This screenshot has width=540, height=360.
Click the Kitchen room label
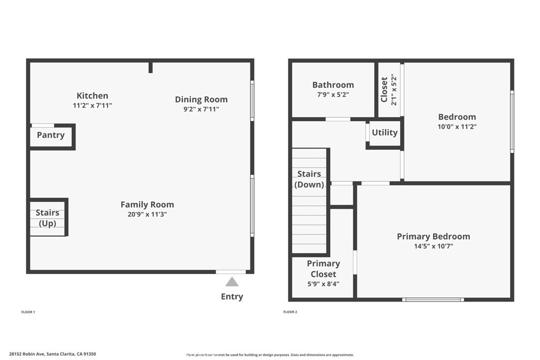click(x=92, y=95)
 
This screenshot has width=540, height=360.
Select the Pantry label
click(x=51, y=135)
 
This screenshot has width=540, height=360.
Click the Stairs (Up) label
click(x=47, y=218)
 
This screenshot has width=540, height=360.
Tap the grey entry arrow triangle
click(x=232, y=282)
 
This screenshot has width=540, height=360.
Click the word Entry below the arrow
click(x=232, y=297)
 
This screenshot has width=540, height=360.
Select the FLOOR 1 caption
click(x=28, y=312)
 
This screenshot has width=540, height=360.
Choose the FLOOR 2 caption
click(x=290, y=312)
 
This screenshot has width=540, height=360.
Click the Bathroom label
click(x=333, y=85)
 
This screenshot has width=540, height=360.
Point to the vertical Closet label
click(x=384, y=90)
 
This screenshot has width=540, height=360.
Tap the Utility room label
click(x=384, y=132)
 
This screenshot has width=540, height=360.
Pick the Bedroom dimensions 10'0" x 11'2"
click(x=457, y=127)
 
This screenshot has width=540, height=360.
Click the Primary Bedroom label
click(x=433, y=237)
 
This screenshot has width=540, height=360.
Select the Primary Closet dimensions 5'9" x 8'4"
click(x=323, y=284)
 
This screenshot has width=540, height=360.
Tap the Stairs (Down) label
click(x=309, y=179)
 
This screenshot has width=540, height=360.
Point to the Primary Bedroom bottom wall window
click(x=433, y=299)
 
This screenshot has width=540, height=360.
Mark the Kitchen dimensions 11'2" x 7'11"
click(x=92, y=105)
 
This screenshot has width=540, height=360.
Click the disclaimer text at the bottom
click(x=269, y=355)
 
